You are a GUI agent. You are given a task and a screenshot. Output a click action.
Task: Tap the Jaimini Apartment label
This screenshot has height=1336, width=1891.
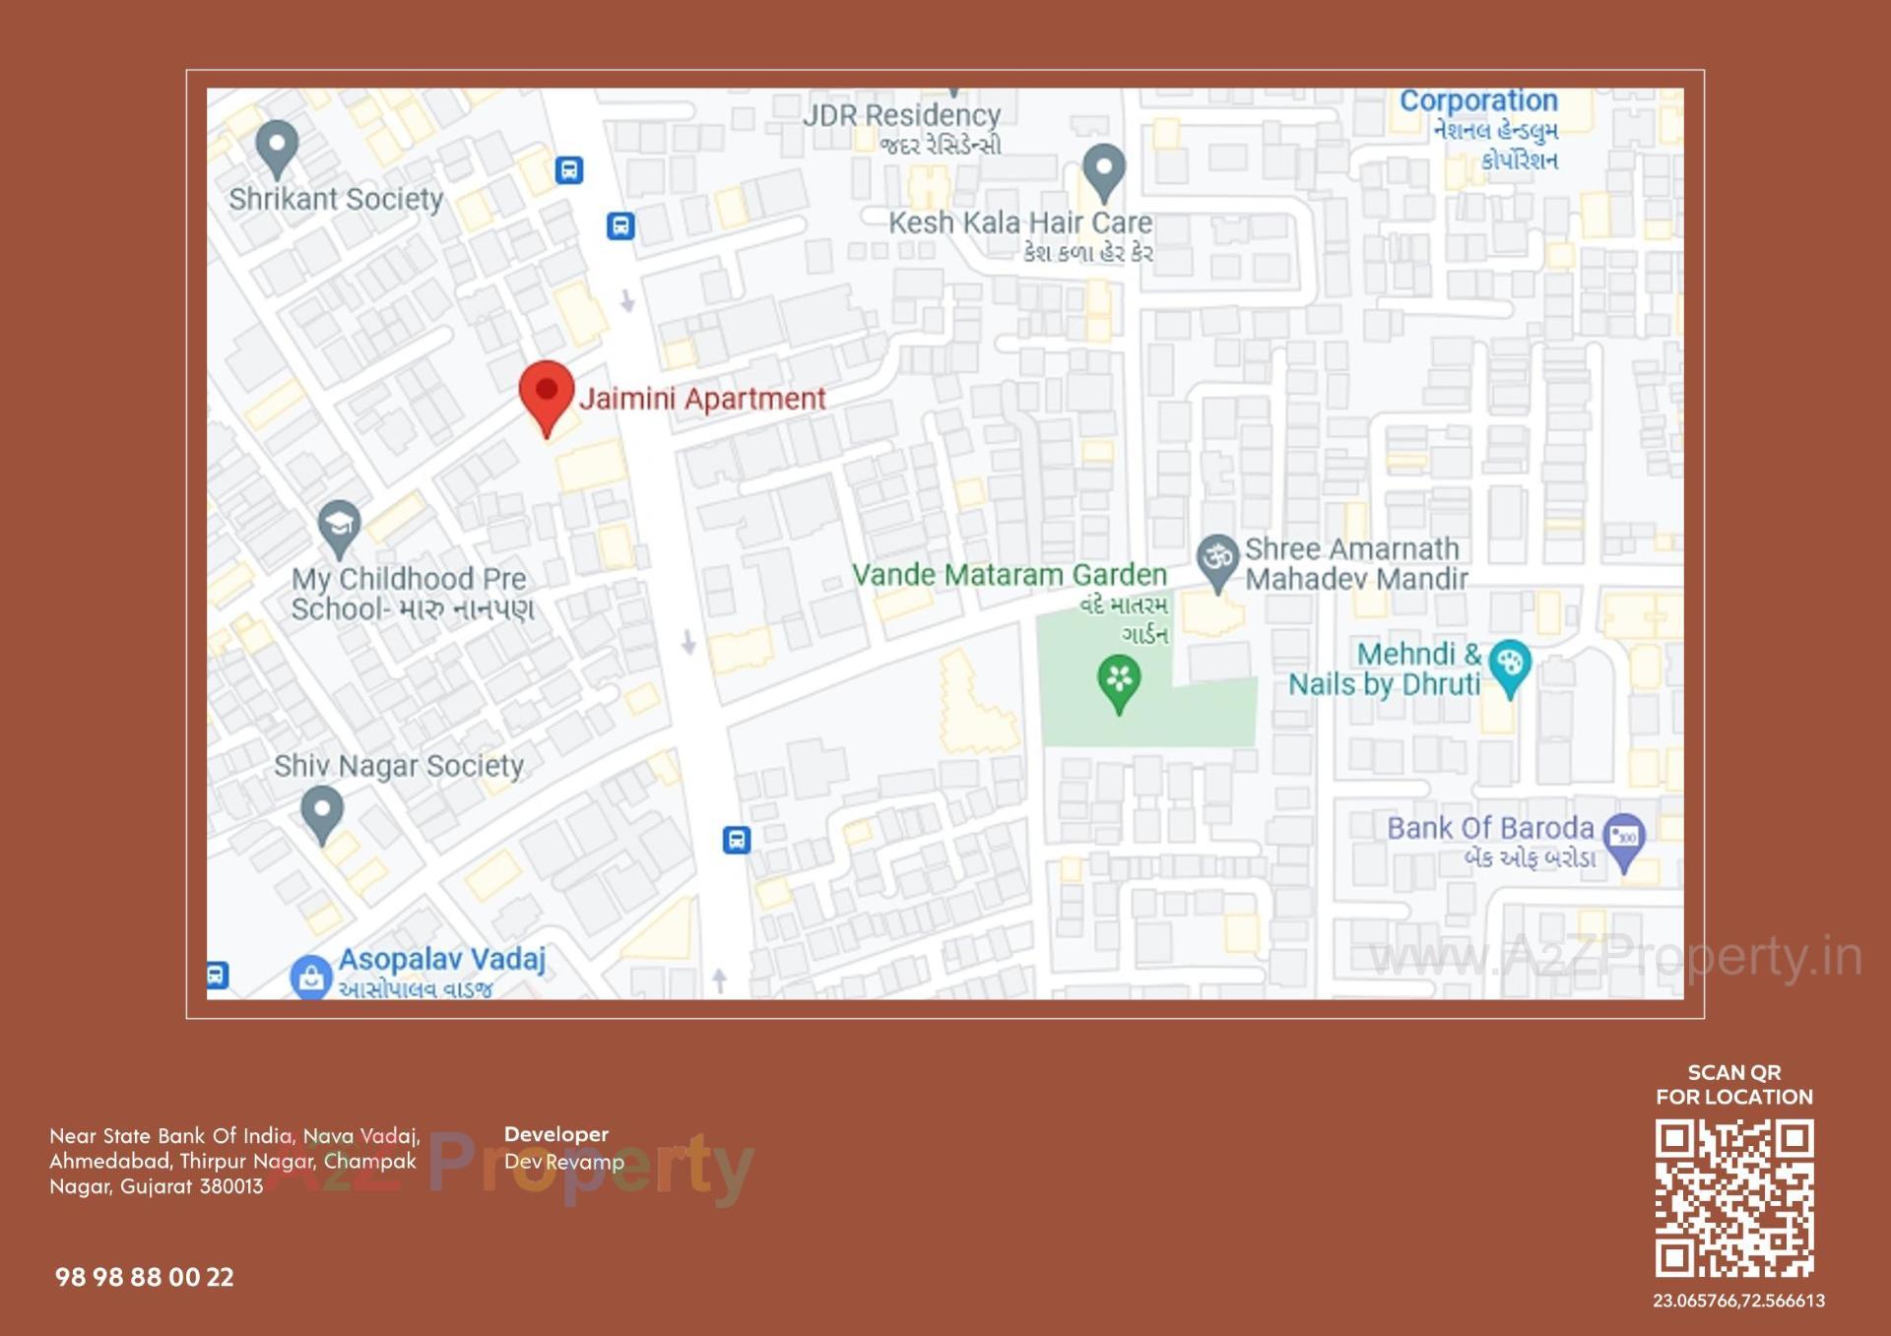[701, 399]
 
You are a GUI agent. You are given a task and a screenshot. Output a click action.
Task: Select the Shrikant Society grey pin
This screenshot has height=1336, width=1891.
[277, 148]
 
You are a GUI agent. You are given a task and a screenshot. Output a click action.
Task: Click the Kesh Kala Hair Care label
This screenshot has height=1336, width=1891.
[1020, 223]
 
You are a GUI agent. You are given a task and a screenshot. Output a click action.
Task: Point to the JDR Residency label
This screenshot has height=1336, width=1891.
[901, 116]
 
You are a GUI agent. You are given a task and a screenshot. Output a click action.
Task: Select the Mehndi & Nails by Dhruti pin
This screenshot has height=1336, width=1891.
[1509, 666]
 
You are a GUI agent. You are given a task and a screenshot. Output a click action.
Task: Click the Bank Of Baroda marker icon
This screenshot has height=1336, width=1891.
[1623, 839]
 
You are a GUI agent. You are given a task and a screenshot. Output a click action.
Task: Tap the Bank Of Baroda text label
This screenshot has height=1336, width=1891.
[1489, 829]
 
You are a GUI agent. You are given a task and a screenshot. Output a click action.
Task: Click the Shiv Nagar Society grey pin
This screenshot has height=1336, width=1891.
[321, 813]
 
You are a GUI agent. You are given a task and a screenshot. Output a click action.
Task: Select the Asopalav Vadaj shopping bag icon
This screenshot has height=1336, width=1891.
[310, 978]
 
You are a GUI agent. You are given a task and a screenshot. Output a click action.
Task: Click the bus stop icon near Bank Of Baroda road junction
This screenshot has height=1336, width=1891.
[737, 840]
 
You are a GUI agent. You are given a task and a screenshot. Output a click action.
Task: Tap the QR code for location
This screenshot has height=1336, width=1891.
[1733, 1198]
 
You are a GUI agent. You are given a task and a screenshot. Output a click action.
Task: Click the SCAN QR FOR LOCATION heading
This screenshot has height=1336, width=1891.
[1733, 1084]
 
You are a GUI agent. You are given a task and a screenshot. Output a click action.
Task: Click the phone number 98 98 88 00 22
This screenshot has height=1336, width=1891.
[145, 1277]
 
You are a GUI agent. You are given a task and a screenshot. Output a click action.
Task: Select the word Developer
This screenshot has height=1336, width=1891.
[556, 1134]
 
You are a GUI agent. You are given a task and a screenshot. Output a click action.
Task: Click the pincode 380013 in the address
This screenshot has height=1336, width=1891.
[231, 1186]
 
